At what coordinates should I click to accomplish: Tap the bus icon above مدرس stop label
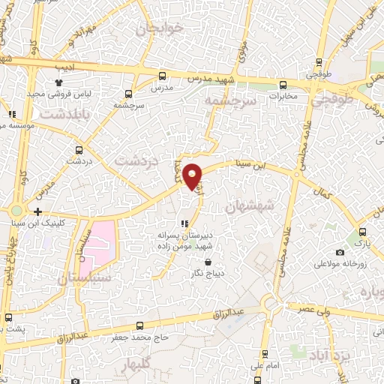click(163, 75)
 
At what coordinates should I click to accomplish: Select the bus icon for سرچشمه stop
click(129, 94)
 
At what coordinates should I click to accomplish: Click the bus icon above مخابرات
click(283, 84)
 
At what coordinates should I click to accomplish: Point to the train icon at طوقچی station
click(320, 64)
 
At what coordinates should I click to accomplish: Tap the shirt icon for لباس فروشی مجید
click(60, 82)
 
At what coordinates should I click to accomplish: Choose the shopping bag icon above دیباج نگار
click(194, 262)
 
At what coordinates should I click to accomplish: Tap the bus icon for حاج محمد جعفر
click(140, 325)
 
